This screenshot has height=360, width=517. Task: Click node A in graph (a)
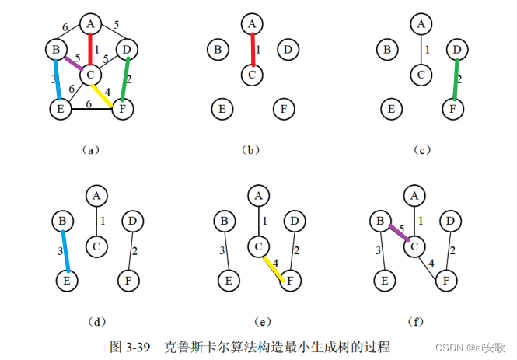(90, 23)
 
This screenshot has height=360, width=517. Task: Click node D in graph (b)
(287, 50)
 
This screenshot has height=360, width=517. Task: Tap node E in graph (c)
(392, 109)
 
